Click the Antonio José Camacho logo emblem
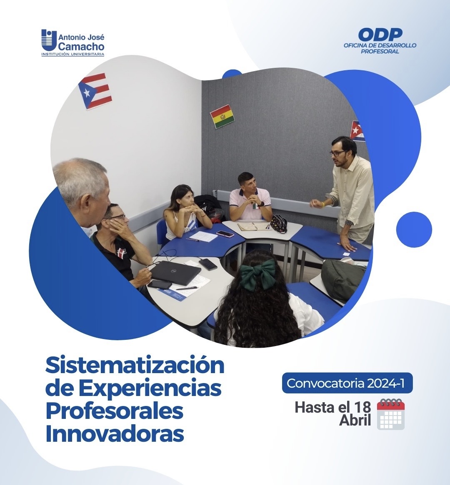49,40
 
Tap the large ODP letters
380,35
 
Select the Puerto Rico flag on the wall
95,91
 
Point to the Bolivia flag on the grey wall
222,116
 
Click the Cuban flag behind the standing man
357,131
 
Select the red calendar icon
391,414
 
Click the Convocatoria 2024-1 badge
347,383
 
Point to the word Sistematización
135,366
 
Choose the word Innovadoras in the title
115,433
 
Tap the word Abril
355,421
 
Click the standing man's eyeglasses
337,153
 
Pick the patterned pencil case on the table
279,223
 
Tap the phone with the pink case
225,233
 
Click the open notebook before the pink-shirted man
253,226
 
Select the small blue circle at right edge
414,230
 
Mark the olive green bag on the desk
343,280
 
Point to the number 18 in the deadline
362,407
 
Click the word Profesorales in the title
114,411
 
